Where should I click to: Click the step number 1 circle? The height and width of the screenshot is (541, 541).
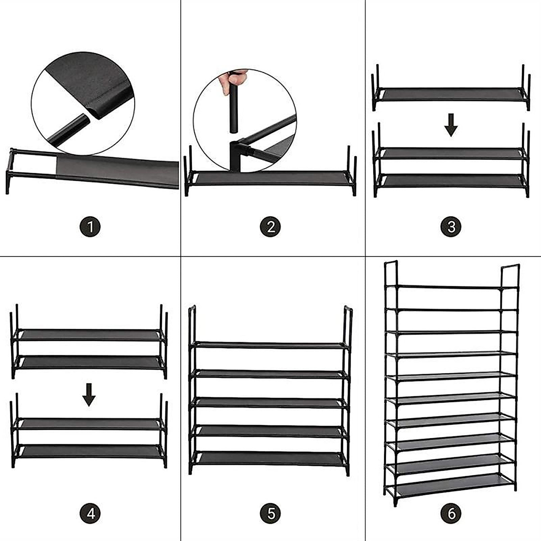point(90,226)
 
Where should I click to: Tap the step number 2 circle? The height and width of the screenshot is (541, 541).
point(270,226)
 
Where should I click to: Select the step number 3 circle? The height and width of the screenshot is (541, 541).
point(451,226)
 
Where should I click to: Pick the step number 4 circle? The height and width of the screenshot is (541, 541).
point(90,513)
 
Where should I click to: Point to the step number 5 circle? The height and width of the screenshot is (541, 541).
point(270,513)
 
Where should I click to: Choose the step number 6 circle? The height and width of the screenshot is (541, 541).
point(451,513)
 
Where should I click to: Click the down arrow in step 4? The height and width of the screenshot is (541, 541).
point(89,395)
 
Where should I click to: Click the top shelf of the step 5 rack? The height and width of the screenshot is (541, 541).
point(270,345)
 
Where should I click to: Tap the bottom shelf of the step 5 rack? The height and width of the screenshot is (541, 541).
point(270,457)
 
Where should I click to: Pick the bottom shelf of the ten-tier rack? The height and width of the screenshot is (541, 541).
point(451,485)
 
